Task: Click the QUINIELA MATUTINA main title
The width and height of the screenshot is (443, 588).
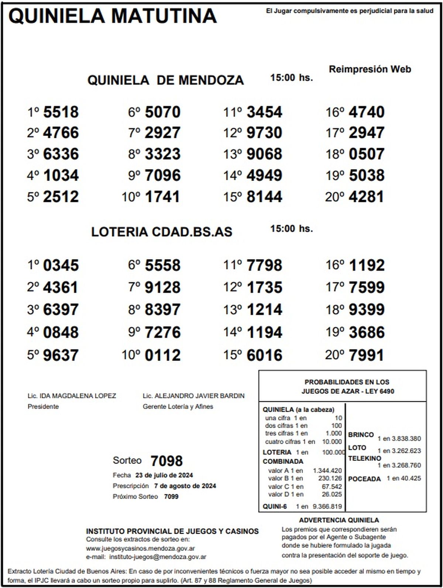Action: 112,16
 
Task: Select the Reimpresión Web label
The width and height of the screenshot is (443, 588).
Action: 370,69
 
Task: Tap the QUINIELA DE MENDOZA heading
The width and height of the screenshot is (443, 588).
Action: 165,80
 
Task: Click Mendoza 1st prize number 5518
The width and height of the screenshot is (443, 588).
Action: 61,112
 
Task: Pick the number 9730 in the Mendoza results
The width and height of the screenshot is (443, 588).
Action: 264,133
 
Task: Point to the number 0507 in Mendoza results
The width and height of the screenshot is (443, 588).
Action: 366,154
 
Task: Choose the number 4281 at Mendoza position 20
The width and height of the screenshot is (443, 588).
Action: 366,196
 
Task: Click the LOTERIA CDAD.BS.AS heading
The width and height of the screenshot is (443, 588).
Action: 162,232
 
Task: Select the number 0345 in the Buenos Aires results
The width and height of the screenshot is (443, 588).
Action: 61,265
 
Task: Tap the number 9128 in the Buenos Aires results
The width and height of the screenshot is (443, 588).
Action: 162,287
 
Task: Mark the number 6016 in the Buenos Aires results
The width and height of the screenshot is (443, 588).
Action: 264,355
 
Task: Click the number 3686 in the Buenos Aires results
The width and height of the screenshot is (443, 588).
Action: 366,332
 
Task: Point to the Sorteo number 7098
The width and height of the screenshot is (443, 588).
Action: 166,461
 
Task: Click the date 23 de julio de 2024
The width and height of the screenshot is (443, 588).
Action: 164,475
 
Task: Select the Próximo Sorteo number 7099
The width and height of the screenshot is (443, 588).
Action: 171,497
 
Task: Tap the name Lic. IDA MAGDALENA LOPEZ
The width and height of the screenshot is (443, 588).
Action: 72,396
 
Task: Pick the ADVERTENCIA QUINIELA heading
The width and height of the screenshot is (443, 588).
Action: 339,520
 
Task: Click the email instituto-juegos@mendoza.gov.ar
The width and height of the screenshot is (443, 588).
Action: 158,557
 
